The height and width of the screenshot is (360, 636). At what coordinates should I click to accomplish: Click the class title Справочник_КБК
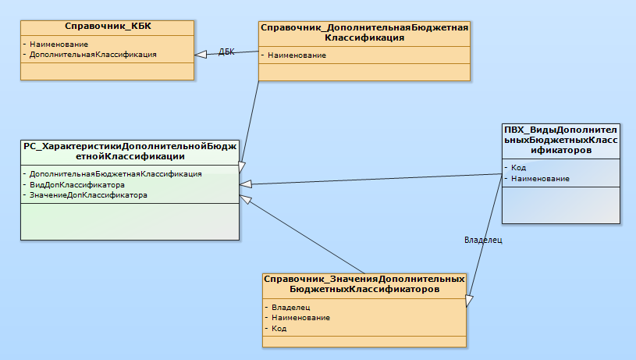(x=107, y=27)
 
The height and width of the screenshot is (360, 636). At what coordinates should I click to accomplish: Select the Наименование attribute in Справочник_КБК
(x=59, y=45)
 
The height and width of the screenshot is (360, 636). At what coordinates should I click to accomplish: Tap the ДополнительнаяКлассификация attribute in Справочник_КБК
(x=93, y=55)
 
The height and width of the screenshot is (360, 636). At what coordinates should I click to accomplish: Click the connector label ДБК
(x=226, y=52)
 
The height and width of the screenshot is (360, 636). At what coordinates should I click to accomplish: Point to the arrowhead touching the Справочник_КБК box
(x=201, y=54)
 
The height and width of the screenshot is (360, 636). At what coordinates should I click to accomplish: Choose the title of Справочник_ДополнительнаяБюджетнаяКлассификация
(x=364, y=31)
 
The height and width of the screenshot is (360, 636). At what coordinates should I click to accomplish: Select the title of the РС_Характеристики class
(x=130, y=151)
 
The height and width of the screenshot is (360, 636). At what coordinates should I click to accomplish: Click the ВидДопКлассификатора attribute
(x=77, y=184)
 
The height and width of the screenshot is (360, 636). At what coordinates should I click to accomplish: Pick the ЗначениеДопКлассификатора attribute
(x=88, y=195)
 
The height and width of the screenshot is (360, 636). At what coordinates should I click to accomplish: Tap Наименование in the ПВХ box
(x=540, y=179)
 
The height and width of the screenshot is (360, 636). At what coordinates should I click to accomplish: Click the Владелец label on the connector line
(x=482, y=241)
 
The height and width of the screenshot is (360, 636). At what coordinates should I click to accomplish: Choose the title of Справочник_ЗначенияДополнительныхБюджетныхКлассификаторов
(x=364, y=283)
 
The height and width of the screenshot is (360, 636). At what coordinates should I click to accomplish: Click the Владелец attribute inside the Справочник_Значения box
(x=291, y=307)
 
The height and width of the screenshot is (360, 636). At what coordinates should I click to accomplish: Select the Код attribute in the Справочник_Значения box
(x=279, y=329)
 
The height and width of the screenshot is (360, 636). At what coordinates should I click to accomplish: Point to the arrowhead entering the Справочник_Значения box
(x=470, y=300)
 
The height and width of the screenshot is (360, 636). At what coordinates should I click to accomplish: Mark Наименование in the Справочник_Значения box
(x=300, y=318)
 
